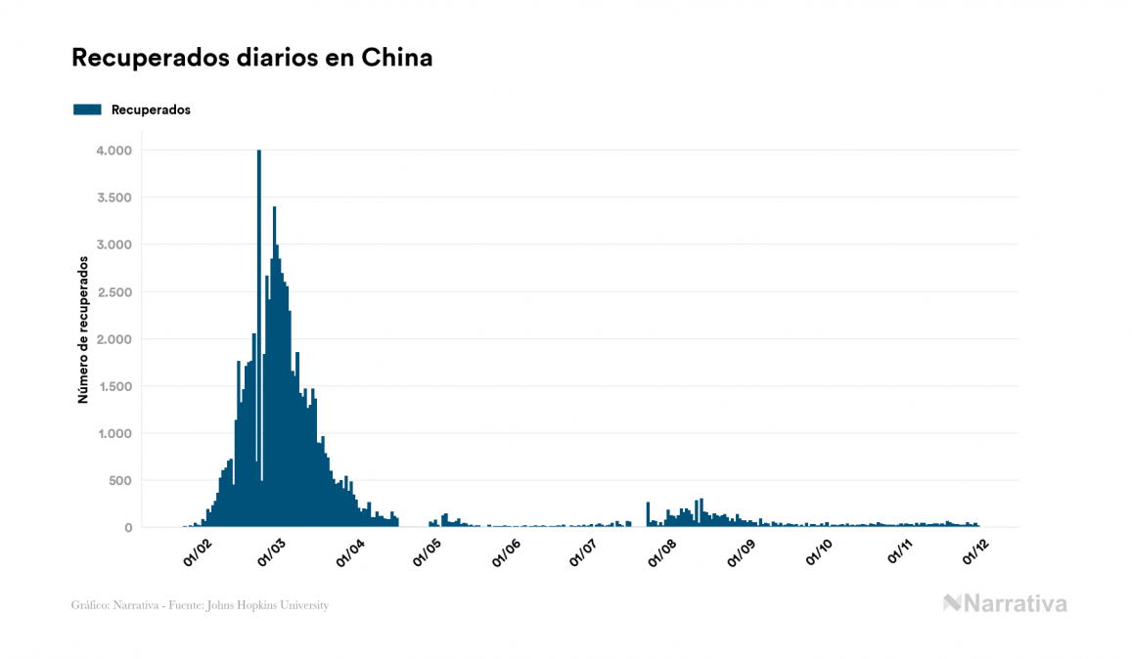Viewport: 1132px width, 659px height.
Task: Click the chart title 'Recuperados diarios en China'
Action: pos(251,59)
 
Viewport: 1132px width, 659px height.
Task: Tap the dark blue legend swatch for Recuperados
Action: pos(87,110)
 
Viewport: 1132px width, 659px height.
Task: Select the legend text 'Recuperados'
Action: pos(151,110)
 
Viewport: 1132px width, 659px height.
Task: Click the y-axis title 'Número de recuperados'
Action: pos(83,330)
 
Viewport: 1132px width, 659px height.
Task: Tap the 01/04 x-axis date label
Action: pos(349,552)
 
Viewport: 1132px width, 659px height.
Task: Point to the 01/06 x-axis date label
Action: pos(506,552)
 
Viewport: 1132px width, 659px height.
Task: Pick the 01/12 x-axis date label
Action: pos(976,552)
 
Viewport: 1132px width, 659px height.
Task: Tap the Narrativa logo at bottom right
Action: pos(1005,603)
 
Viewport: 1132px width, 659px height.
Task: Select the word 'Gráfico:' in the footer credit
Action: pos(90,605)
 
